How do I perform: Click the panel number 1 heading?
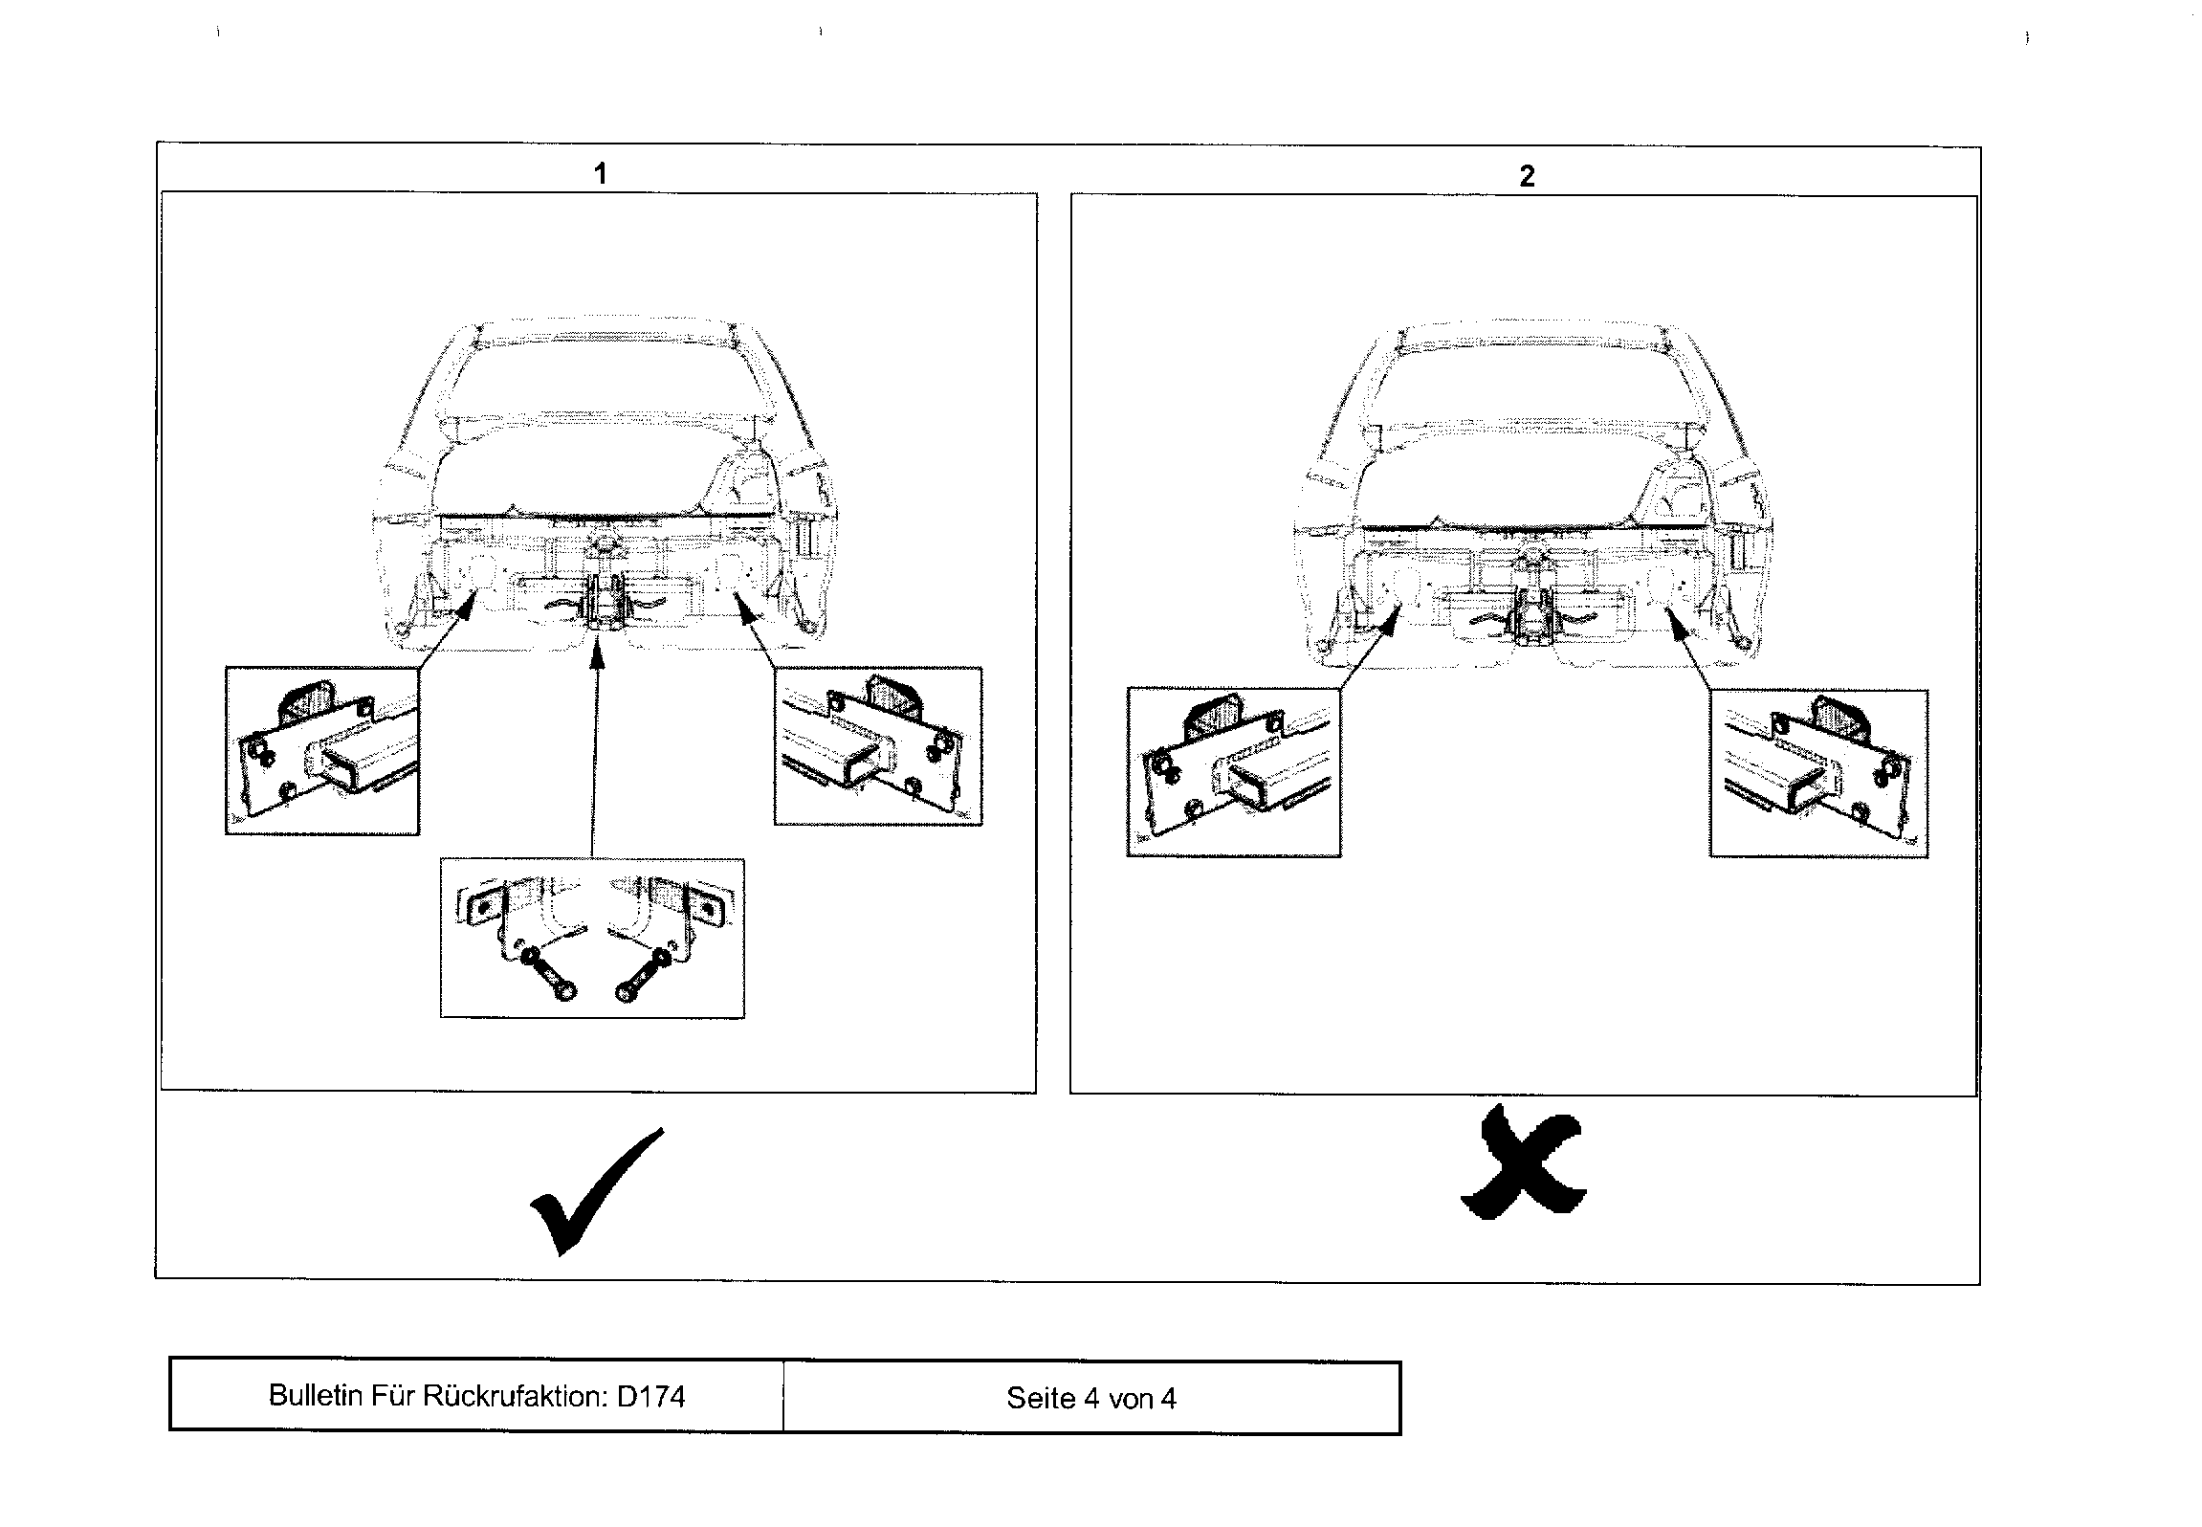(600, 174)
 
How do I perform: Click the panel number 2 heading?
(1527, 176)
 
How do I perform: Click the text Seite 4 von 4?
(1090, 1399)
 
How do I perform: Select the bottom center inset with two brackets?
(592, 938)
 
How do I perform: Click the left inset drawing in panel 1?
(322, 751)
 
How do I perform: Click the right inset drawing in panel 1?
(877, 746)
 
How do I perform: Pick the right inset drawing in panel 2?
(1818, 773)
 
